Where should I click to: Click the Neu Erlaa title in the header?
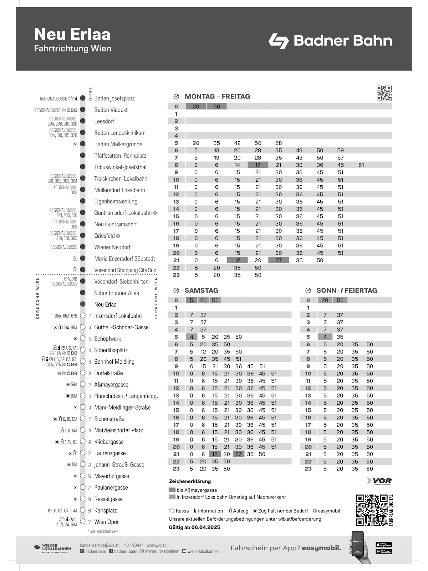click(x=72, y=35)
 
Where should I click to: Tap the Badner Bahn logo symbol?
click(x=279, y=41)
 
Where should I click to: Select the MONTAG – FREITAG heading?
click(x=217, y=96)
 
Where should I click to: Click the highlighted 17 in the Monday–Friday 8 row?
click(x=258, y=165)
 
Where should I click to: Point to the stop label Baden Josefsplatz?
click(x=114, y=98)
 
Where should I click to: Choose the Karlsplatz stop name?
click(x=105, y=510)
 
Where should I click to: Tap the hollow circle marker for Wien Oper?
click(x=83, y=521)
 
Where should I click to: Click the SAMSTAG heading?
click(x=201, y=290)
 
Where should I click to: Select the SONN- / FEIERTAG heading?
click(x=346, y=290)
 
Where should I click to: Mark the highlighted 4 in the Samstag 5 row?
click(x=192, y=337)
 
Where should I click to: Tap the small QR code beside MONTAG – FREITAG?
click(x=384, y=93)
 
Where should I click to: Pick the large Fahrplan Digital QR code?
click(x=372, y=510)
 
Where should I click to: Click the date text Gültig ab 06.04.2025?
click(x=194, y=527)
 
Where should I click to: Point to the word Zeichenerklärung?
click(x=190, y=481)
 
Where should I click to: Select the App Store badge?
click(x=384, y=545)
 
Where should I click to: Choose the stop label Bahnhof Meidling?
click(x=114, y=362)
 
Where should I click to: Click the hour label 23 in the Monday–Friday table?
click(x=176, y=275)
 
